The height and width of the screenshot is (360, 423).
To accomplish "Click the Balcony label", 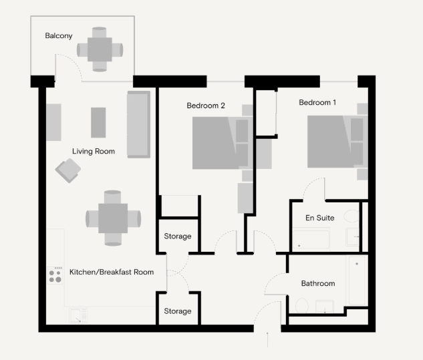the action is point(59,36).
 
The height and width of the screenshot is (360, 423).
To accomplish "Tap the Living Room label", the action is point(94,152).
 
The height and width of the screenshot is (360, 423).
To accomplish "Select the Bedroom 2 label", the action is point(206,106).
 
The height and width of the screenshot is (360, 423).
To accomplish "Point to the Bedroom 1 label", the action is point(317,102).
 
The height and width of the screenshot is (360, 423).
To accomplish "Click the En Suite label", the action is point(319,218).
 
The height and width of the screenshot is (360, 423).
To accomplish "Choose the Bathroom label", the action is point(318,283).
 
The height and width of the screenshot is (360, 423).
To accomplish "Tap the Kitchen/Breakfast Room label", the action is point(112,272).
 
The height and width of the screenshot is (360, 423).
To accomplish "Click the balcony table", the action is point(100,49).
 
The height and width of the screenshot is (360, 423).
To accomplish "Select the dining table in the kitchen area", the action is point(113,218).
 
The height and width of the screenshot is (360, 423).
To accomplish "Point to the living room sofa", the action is point(139,124).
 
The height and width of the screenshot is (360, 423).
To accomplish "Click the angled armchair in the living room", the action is point(68,170).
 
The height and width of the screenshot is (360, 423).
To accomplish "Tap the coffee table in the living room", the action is point(98,122).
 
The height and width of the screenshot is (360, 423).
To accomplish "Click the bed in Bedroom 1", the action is point(337,142).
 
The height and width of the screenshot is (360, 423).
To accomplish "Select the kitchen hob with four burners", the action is point(55,276).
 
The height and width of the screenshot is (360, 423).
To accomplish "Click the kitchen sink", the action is point(78,315).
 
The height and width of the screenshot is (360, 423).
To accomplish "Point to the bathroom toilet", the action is point(302,305).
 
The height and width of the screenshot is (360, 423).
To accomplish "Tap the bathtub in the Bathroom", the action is point(357,281).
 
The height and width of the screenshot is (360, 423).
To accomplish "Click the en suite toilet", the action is point(351,216).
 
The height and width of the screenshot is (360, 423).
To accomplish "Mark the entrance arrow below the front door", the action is point(267,339).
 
